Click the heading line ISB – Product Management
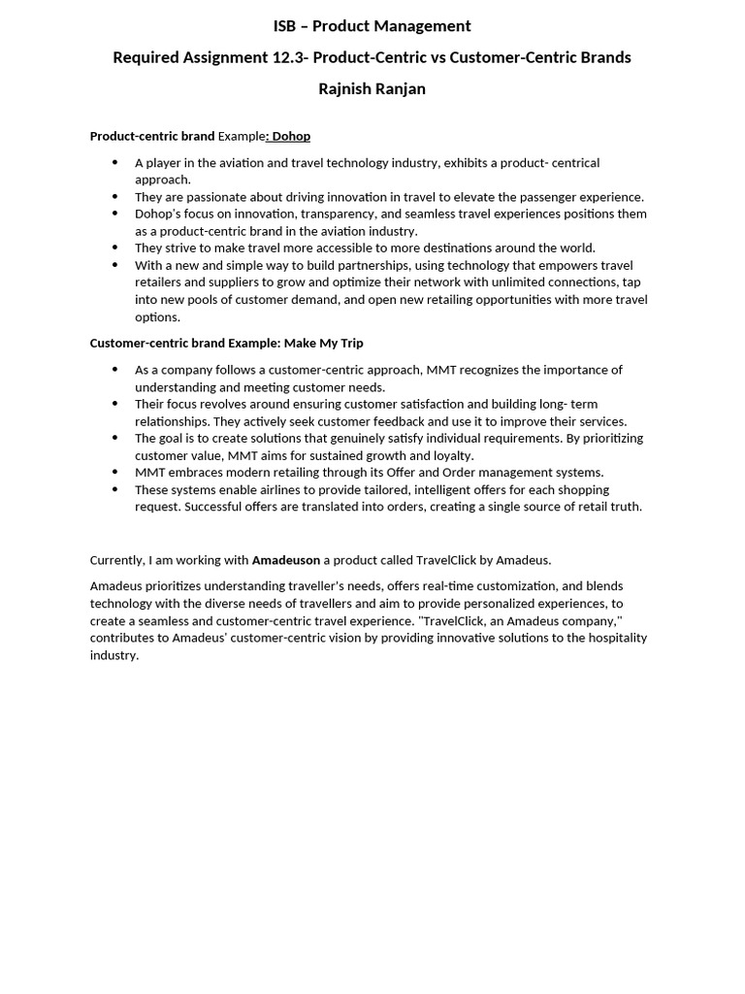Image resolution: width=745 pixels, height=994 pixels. (372, 26)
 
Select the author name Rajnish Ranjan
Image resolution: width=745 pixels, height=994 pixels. (372, 89)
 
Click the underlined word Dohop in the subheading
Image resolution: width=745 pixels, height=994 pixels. (291, 136)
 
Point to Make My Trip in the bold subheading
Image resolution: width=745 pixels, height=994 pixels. (324, 343)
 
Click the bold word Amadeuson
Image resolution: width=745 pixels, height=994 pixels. (286, 560)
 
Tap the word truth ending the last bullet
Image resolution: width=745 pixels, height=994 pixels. (626, 507)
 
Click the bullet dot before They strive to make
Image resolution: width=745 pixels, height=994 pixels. (115, 248)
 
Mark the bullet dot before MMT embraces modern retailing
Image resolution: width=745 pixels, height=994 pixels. (115, 473)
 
